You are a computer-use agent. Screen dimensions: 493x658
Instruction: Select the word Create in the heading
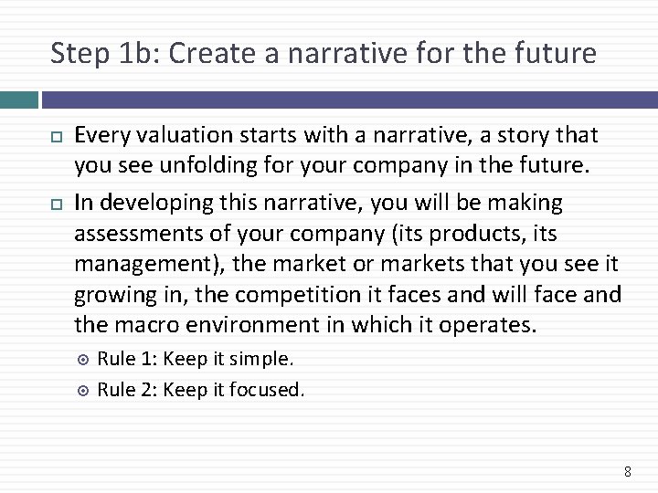[207, 54]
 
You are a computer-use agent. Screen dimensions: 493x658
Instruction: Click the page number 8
[627, 471]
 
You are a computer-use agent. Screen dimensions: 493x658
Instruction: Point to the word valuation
[174, 136]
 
